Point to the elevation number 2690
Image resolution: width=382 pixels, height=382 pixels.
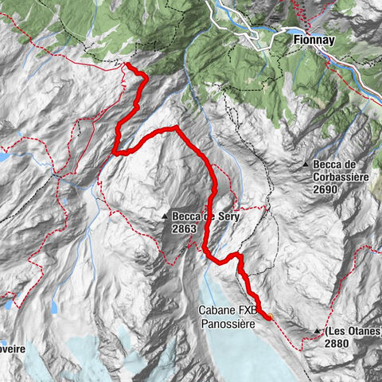pos(325,190)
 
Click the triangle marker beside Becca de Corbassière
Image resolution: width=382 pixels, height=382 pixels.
pos(306,165)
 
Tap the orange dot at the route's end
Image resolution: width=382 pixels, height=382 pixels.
pos(269,317)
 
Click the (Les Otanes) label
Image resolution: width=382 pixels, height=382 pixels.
pos(349,330)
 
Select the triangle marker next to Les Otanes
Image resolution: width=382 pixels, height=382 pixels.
pos(318,330)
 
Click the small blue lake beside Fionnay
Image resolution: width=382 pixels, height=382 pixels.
pos(256,35)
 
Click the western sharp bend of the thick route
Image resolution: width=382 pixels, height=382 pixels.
pos(116,150)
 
